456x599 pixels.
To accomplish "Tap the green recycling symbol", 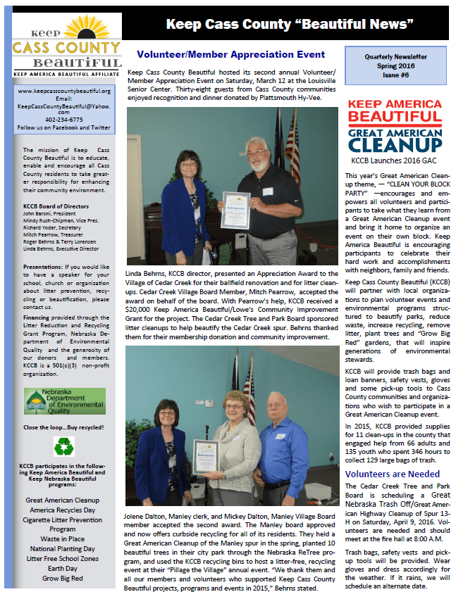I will [64, 446].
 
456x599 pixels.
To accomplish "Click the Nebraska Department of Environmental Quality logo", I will [64, 402].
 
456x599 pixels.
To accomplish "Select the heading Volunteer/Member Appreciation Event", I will [230, 54].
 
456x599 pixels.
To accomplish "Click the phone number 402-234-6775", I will [64, 120].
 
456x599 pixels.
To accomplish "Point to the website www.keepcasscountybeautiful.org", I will [64, 92].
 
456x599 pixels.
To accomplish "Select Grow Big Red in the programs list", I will [63, 578].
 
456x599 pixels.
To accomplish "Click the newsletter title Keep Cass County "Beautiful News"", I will [289, 25].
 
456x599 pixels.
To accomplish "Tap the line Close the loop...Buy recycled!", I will [64, 428].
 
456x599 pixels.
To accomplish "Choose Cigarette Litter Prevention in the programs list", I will [63, 519].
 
